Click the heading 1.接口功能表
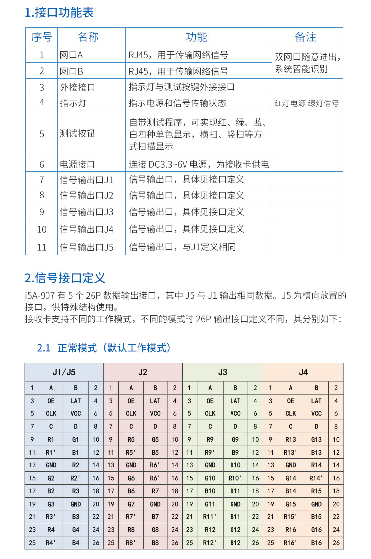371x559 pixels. pyautogui.click(x=59, y=12)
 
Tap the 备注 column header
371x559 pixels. pyautogui.click(x=306, y=37)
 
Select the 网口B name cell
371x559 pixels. pyautogui.click(x=71, y=71)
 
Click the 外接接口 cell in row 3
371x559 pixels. pyautogui.click(x=77, y=87)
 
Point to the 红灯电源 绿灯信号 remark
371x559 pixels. pyautogui.click(x=307, y=103)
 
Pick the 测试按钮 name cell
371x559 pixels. pyautogui.click(x=77, y=134)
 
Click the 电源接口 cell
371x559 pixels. pyautogui.click(x=77, y=164)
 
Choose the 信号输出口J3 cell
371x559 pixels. pyautogui.click(x=87, y=212)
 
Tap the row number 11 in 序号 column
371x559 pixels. pyautogui.click(x=42, y=247)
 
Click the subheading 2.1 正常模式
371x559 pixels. pyautogui.click(x=104, y=348)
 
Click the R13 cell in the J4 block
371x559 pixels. pyautogui.click(x=291, y=439)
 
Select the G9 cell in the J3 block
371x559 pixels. pyautogui.click(x=235, y=439)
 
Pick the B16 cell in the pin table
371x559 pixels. pyautogui.click(x=317, y=543)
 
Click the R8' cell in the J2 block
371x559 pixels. pyautogui.click(x=131, y=543)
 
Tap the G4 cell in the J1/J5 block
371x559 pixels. pyautogui.click(x=76, y=530)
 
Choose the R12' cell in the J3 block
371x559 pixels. pyautogui.click(x=210, y=543)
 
